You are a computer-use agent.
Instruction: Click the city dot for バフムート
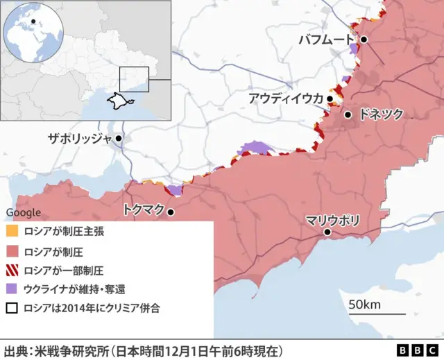(x=364, y=40)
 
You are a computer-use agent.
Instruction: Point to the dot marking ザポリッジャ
(x=119, y=138)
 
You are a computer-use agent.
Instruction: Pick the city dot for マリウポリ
(x=327, y=233)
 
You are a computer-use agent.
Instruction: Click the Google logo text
(x=23, y=212)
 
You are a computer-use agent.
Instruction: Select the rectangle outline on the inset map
(x=134, y=79)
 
